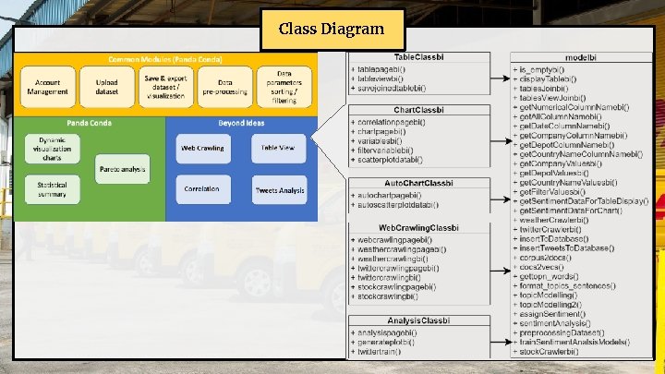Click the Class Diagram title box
pos(332,30)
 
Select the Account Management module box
pos(47,86)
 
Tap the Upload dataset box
pos(106,86)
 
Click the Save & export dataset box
pos(165,86)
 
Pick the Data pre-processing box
pos(225,86)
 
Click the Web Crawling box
pos(201,148)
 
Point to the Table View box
pos(278,148)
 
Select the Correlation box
pos(201,188)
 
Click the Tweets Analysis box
pos(279,190)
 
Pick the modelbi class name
pos(577,57)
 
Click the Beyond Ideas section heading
pos(242,123)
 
